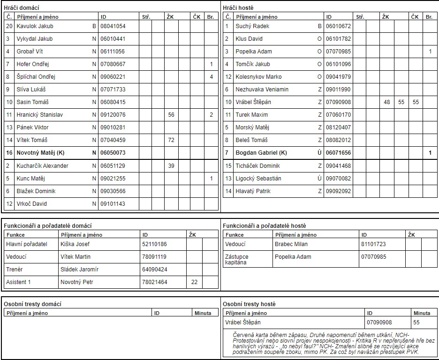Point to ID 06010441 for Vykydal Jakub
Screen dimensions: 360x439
(113, 39)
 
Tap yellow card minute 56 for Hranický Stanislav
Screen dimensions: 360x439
(171, 115)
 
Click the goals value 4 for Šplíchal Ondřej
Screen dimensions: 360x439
(212, 77)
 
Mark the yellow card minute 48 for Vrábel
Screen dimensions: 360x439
(387, 102)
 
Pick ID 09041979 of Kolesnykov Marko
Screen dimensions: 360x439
(339, 77)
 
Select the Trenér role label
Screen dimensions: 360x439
(15, 270)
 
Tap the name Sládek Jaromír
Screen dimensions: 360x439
(79, 270)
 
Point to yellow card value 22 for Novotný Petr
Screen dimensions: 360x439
(194, 282)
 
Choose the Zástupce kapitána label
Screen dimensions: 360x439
(237, 260)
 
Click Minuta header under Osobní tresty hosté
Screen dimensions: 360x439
(422, 313)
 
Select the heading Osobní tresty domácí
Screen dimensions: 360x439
(32, 304)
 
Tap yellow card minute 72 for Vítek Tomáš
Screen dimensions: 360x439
(171, 140)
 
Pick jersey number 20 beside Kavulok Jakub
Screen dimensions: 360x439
(9, 26)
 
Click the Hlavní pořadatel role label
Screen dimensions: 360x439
(27, 244)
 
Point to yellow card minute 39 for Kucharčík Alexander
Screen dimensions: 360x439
(171, 166)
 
